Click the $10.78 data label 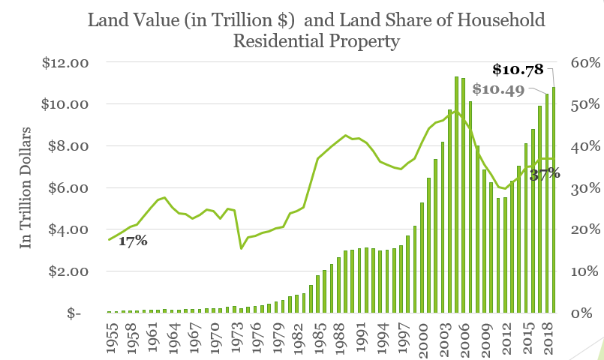click(x=518, y=70)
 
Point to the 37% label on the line click(x=545, y=174)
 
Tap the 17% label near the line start click(x=132, y=241)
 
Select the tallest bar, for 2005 click(x=456, y=194)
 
